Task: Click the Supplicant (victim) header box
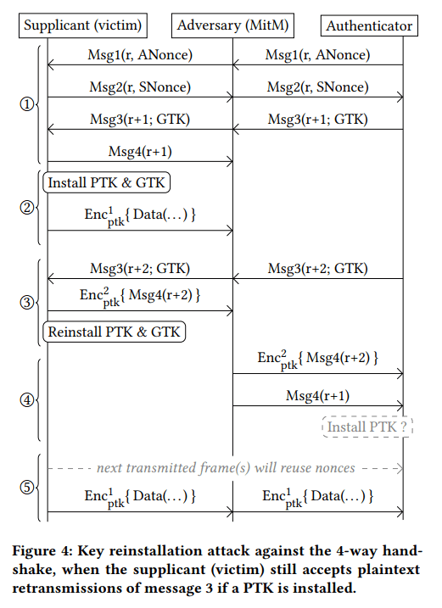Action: click(83, 25)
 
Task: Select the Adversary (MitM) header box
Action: click(232, 25)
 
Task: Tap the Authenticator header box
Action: click(369, 25)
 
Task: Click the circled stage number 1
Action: click(27, 104)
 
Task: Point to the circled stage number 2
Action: click(27, 208)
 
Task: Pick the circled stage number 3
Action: click(27, 302)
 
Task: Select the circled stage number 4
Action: click(27, 399)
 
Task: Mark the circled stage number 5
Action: click(27, 487)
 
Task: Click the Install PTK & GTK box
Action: click(107, 182)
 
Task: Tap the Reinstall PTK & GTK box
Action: click(114, 332)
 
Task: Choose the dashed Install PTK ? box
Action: click(367, 427)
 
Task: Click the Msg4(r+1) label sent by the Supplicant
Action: click(140, 151)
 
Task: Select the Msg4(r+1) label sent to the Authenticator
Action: click(318, 395)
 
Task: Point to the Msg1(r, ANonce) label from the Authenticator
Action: click(318, 54)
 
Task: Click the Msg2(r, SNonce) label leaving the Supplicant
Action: click(140, 86)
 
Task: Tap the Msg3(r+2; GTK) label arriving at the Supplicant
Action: click(140, 268)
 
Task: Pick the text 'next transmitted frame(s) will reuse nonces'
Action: click(226, 468)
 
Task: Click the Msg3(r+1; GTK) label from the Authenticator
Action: click(318, 119)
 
